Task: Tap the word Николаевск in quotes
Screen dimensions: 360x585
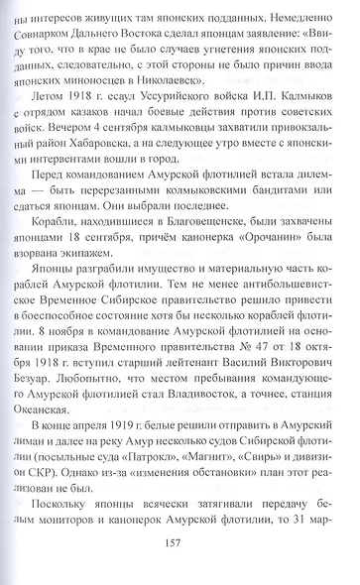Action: [x=223, y=99]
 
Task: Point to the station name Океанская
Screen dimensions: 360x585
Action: [x=69, y=449]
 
